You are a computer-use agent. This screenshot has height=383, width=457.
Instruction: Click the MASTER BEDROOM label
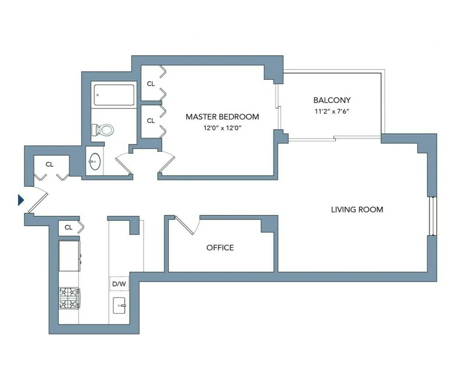click(x=222, y=117)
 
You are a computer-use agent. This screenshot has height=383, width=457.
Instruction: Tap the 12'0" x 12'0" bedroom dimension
click(x=223, y=128)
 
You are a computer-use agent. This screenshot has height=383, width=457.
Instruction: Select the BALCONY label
click(x=332, y=101)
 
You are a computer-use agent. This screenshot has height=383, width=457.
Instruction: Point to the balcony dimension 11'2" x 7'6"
click(x=332, y=112)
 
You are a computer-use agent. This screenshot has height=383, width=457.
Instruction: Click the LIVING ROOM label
click(x=357, y=210)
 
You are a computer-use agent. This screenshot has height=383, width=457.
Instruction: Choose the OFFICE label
click(x=220, y=248)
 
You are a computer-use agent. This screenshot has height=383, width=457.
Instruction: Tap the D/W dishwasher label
click(x=119, y=284)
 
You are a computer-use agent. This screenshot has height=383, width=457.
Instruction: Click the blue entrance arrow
click(x=21, y=200)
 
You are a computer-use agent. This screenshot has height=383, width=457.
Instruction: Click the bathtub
click(x=114, y=95)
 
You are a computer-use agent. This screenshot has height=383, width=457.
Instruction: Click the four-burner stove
click(x=69, y=298)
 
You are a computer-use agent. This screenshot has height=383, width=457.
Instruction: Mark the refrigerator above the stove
click(x=69, y=255)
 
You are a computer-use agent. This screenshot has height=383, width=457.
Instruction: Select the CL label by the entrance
click(x=50, y=165)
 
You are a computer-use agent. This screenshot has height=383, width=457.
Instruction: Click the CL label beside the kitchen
click(x=69, y=228)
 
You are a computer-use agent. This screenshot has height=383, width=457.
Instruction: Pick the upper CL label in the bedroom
click(x=151, y=84)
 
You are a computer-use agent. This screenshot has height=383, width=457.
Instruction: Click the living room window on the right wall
click(x=431, y=216)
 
